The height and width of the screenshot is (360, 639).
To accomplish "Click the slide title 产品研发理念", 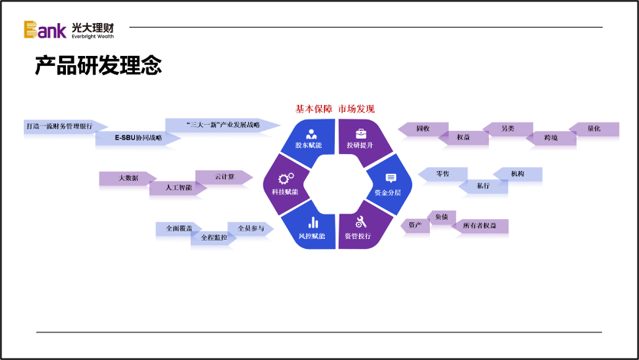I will coord(98,66).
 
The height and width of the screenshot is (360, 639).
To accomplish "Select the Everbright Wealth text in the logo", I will coord(93,36).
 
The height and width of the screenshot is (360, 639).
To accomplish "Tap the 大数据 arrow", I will coord(126,178).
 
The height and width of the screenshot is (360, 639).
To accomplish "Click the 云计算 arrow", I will coord(223,176).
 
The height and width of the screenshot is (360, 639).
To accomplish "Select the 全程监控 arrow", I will coord(214,238).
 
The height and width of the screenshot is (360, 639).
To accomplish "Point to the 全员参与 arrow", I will coord(250,228).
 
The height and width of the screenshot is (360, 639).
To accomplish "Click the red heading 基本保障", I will coord(314,109).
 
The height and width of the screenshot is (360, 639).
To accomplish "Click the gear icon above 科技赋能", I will coord(286,178).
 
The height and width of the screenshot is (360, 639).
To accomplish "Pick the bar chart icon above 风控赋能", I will coord(313,223).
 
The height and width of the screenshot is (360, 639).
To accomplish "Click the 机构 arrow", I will coord(519,174).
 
